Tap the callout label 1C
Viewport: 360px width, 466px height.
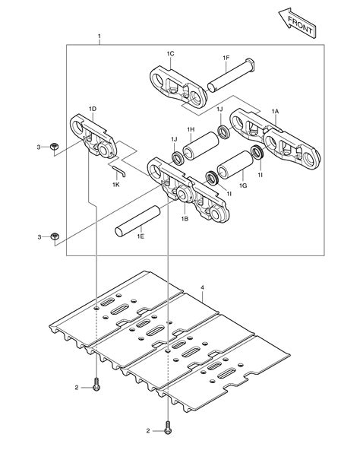[x=171, y=53]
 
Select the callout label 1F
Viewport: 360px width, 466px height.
[x=226, y=58]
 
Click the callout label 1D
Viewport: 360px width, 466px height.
[x=92, y=109]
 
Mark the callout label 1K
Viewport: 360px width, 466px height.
[x=116, y=184]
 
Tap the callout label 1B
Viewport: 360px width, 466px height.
[x=185, y=218]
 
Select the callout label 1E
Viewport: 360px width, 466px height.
[x=141, y=237]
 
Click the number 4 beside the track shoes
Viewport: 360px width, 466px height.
[x=202, y=287]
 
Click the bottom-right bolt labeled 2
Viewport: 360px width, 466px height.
[x=168, y=430]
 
